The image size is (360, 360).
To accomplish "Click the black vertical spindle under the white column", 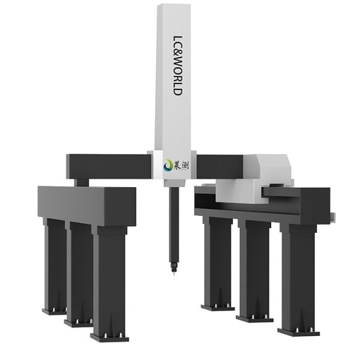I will (173, 222).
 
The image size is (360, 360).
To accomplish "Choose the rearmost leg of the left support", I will (55, 264).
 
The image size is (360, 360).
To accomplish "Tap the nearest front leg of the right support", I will (297, 276).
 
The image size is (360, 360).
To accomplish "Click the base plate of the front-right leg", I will (298, 331).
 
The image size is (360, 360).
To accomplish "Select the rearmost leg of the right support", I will (217, 261).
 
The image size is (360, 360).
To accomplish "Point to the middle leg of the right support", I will (254, 267).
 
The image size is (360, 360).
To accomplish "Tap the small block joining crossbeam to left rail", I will (82, 182).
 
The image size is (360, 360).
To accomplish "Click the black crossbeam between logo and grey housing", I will (218, 166).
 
